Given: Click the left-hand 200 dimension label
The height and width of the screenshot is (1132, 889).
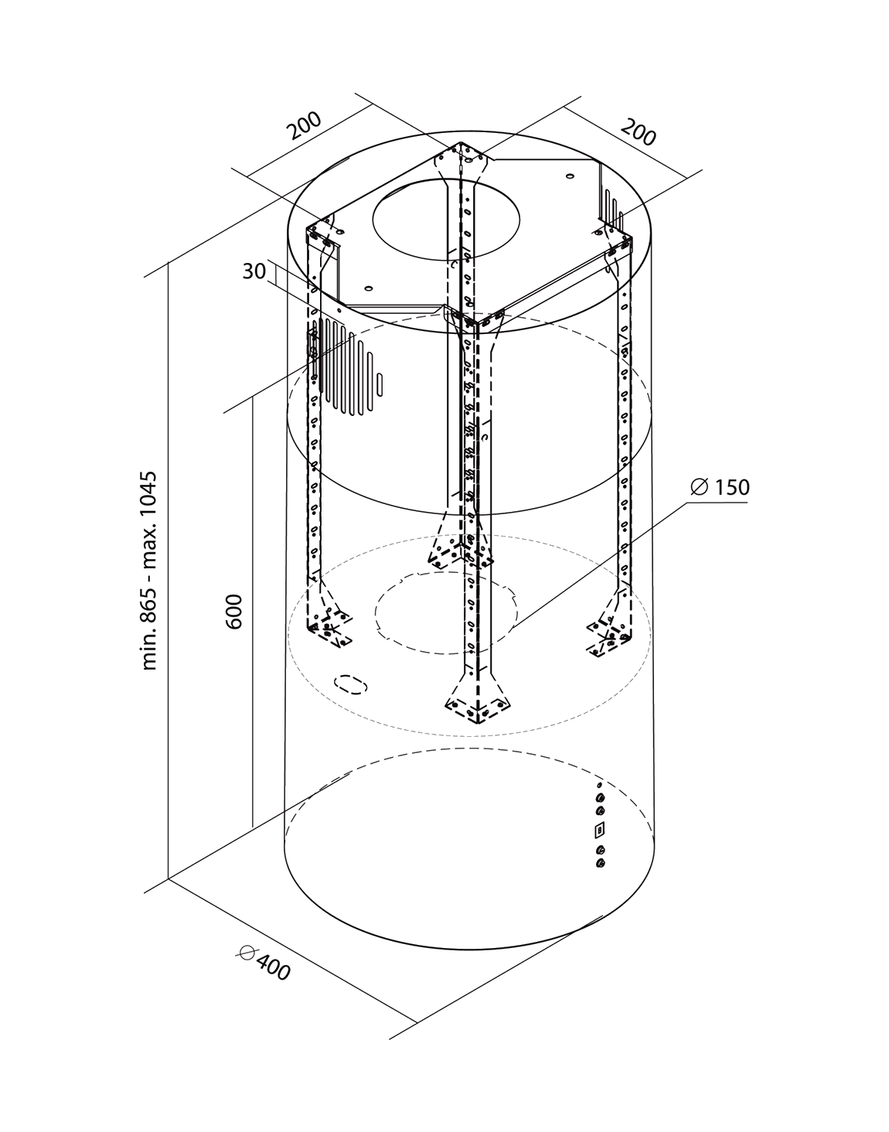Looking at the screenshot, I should [x=305, y=127].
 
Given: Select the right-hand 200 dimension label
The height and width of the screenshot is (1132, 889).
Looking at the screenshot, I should [x=639, y=132].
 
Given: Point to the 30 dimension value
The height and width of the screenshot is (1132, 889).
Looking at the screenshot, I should [x=254, y=271].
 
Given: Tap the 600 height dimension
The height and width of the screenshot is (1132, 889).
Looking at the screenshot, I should [x=235, y=611].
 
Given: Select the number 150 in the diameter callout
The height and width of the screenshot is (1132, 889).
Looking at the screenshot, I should [x=731, y=488].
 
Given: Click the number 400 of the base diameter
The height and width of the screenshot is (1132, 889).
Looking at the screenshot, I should [x=273, y=966].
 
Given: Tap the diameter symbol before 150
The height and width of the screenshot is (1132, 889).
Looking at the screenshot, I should [x=698, y=486].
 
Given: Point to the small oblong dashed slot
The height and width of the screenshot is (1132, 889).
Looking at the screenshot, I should [x=350, y=684].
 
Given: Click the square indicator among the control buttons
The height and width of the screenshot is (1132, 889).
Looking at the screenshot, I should [x=598, y=831].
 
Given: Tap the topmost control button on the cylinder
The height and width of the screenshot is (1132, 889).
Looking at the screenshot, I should [x=599, y=786].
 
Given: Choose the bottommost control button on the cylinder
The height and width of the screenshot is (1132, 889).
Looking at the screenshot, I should [x=599, y=864].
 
